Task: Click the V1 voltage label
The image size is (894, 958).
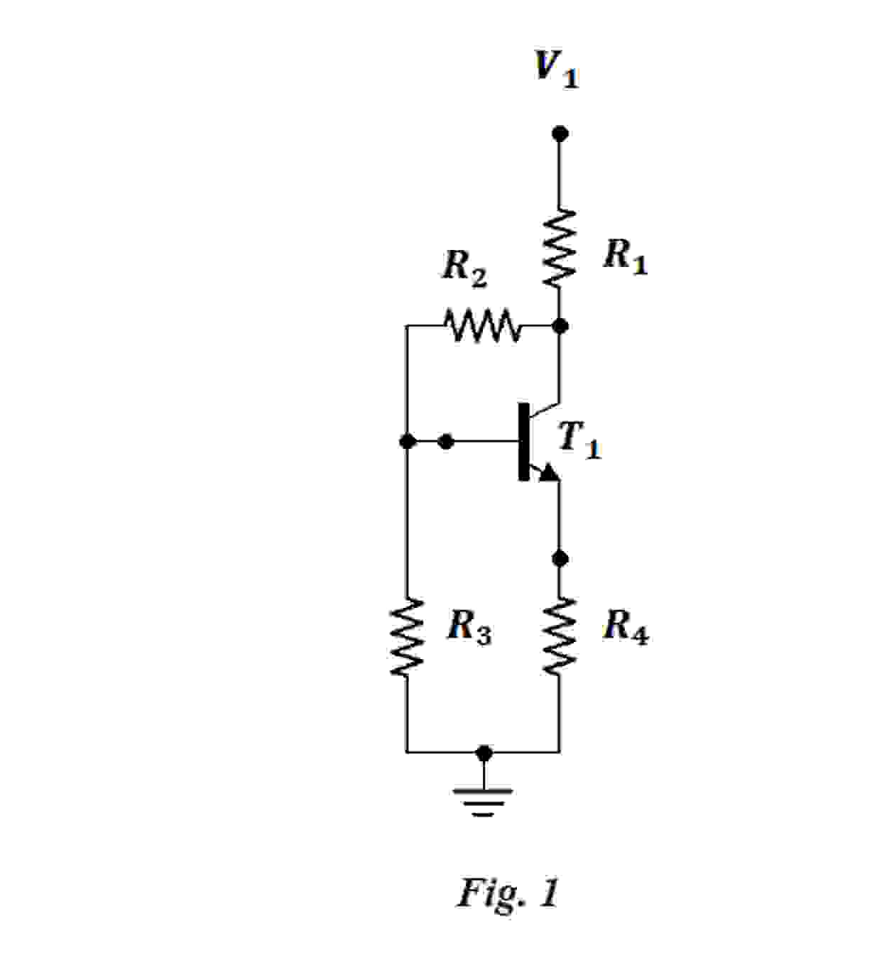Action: (x=556, y=70)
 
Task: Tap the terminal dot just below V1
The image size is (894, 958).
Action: (x=560, y=134)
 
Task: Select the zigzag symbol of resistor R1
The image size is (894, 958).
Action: (x=560, y=248)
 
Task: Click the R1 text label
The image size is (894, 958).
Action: (x=625, y=256)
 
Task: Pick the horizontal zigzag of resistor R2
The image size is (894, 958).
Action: (x=482, y=326)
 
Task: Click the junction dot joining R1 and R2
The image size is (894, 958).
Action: (x=560, y=326)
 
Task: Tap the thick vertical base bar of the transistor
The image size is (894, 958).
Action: (x=524, y=442)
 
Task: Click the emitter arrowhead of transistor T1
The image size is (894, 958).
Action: (x=548, y=472)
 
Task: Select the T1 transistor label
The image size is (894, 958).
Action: (x=579, y=440)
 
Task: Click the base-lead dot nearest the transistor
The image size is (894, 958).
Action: (x=446, y=442)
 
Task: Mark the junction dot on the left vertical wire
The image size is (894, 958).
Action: (x=407, y=442)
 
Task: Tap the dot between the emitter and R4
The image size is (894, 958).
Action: (x=560, y=558)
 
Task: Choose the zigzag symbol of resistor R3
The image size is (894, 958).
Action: (x=407, y=637)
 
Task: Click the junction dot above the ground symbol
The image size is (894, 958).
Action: (x=484, y=753)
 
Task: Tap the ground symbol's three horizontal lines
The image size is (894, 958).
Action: (x=484, y=801)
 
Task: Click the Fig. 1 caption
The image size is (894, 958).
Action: (x=508, y=893)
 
